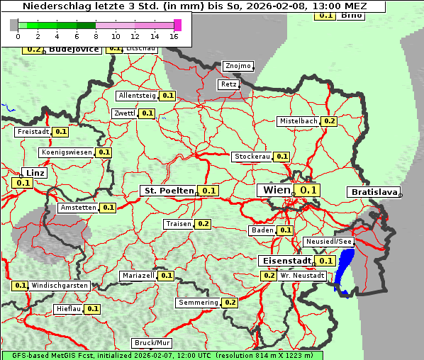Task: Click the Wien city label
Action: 277,190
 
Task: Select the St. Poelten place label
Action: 169,191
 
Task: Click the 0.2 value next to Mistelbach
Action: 329,121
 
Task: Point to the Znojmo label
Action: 238,66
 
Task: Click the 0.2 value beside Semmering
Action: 230,303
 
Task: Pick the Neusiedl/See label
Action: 328,242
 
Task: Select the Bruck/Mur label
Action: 152,343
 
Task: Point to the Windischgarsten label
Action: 60,286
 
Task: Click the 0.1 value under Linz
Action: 23,184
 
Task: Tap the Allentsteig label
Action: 137,95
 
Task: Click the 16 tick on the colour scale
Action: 174,35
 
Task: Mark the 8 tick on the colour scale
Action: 95,35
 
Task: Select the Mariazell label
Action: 138,275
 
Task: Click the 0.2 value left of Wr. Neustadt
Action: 269,275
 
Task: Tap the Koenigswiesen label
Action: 67,152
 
